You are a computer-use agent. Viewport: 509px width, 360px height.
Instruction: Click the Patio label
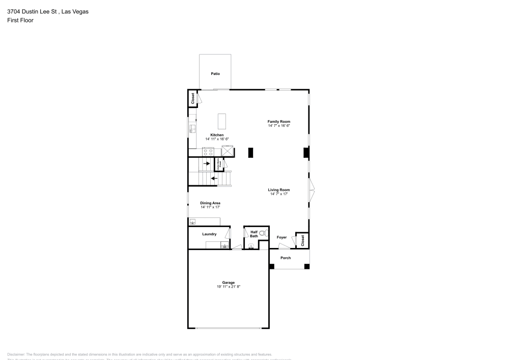(215, 74)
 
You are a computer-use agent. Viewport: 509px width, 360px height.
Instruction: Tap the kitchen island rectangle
(222, 121)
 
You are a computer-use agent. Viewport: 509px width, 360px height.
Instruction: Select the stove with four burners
(208, 151)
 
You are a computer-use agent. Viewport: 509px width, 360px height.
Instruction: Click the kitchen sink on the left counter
(193, 128)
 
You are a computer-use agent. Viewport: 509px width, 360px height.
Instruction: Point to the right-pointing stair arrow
(207, 163)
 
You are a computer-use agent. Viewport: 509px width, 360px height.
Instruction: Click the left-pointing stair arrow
(214, 178)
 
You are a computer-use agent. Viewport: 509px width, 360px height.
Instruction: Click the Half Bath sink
(251, 246)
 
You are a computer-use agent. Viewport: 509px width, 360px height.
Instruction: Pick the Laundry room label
(209, 234)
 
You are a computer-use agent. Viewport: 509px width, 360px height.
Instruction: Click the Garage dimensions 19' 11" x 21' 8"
(228, 287)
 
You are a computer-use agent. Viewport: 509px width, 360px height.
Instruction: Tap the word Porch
(286, 258)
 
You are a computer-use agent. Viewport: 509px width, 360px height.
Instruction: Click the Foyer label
(281, 237)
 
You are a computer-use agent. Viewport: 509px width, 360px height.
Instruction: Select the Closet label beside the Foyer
(302, 241)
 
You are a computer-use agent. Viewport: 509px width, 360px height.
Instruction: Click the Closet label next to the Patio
(193, 99)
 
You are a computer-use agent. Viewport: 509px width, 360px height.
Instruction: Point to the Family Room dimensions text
(279, 125)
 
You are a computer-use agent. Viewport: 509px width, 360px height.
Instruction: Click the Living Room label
(279, 190)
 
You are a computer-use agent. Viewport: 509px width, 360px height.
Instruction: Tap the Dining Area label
(210, 203)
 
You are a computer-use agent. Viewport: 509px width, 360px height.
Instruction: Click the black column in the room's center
(251, 152)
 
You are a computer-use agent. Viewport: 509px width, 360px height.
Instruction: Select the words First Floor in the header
(20, 20)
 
